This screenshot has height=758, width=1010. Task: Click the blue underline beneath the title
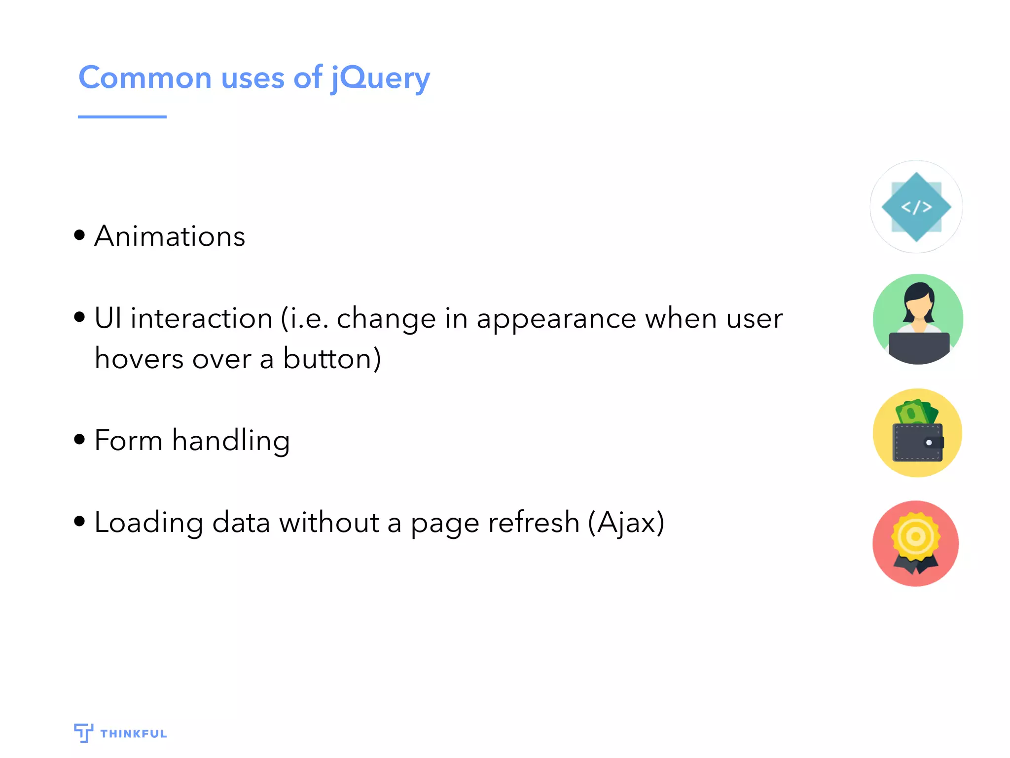point(122,117)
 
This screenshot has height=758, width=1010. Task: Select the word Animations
point(170,236)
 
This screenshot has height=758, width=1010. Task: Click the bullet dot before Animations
point(79,234)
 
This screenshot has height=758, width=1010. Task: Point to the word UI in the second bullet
point(108,318)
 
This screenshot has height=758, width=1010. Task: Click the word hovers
point(139,358)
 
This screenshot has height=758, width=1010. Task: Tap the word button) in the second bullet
point(332,358)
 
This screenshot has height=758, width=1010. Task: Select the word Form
point(128,440)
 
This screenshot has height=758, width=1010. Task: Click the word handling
point(231,440)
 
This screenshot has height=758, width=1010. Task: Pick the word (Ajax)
point(626,522)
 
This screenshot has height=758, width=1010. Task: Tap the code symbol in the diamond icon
point(916,207)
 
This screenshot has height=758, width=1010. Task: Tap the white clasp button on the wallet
point(929,443)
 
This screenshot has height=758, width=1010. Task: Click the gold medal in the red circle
point(916,536)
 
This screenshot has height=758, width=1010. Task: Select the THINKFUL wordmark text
point(134,734)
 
